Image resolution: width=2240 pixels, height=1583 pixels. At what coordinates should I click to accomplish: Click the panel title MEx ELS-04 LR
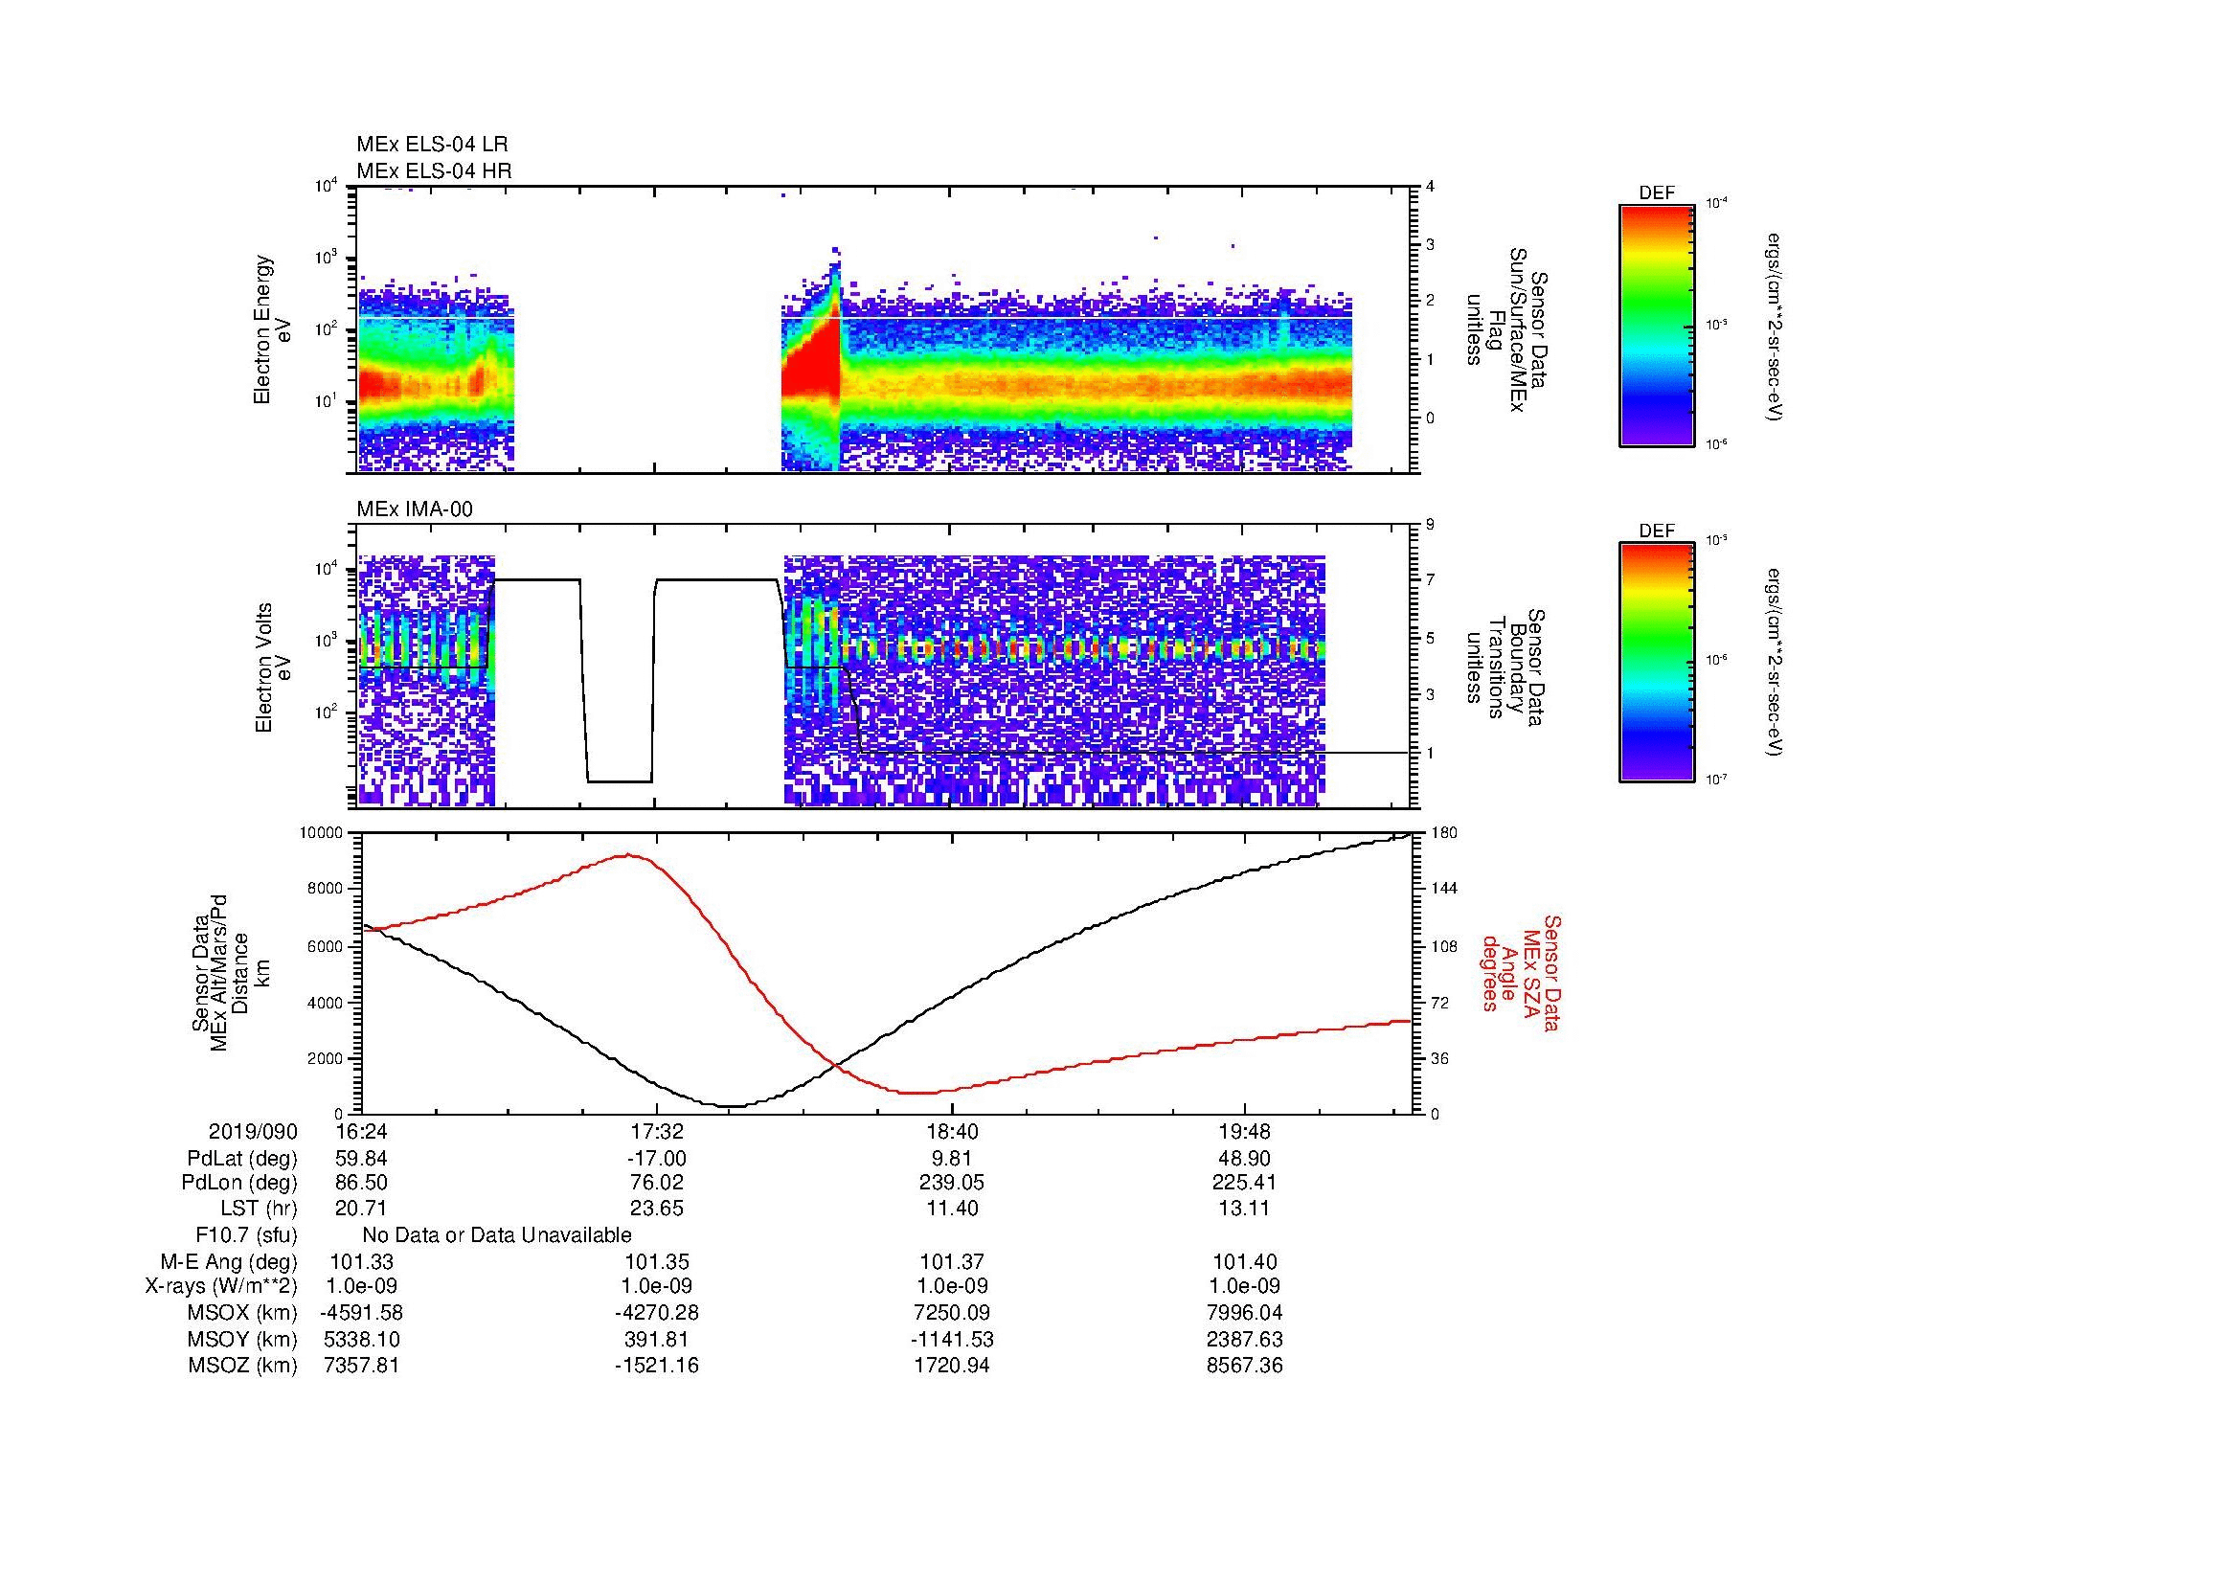tap(432, 145)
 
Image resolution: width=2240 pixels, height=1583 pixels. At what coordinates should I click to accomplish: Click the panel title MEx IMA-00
tap(415, 509)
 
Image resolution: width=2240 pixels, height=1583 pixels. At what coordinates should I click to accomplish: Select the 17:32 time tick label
tap(657, 1132)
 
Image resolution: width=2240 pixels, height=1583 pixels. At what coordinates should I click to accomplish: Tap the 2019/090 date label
tap(253, 1132)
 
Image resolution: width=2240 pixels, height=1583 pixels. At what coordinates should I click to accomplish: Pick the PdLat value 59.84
tap(361, 1159)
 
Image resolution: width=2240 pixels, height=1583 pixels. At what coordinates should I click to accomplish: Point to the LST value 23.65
tap(657, 1209)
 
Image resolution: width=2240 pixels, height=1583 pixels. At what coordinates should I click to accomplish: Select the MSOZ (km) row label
tap(242, 1366)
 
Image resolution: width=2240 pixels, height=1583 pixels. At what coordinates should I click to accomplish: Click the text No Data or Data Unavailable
tap(497, 1235)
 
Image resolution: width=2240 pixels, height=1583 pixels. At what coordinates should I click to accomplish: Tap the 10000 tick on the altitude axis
tap(321, 833)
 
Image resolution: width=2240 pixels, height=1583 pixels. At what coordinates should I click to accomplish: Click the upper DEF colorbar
tap(1656, 326)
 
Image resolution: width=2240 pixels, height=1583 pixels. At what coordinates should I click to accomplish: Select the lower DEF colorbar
tap(1656, 664)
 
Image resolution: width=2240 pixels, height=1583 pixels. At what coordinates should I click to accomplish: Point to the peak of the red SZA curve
tap(627, 855)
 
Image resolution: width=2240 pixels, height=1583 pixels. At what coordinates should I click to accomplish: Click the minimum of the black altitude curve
tap(730, 1107)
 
